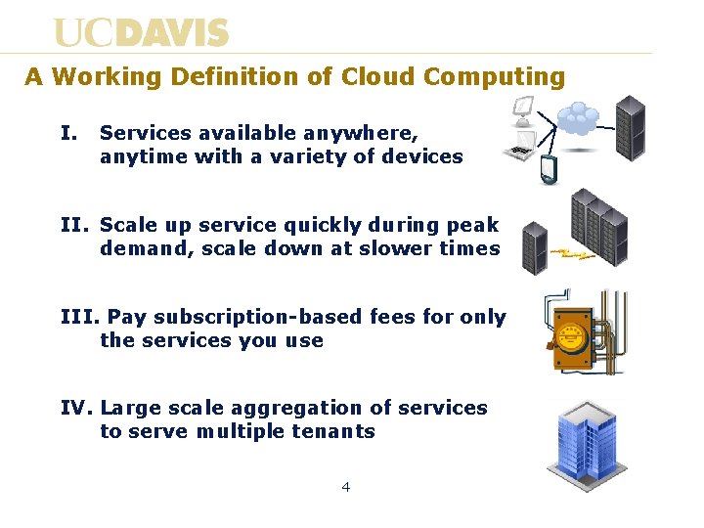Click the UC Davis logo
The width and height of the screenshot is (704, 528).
tap(141, 32)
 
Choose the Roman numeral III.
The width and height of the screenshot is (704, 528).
tap(80, 317)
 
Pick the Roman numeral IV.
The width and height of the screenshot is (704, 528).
tap(77, 408)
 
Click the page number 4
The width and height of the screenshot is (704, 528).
tap(346, 486)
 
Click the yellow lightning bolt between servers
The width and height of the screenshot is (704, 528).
tap(573, 256)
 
